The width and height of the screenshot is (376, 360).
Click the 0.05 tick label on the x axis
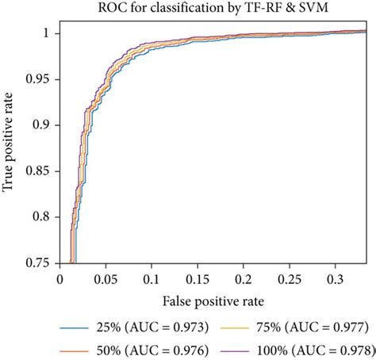106,280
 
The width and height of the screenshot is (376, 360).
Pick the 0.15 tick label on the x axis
196,280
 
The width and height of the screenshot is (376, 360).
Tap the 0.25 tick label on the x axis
287,280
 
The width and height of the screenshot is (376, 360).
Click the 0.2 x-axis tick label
242,280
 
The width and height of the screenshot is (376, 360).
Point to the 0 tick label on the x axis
60,280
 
